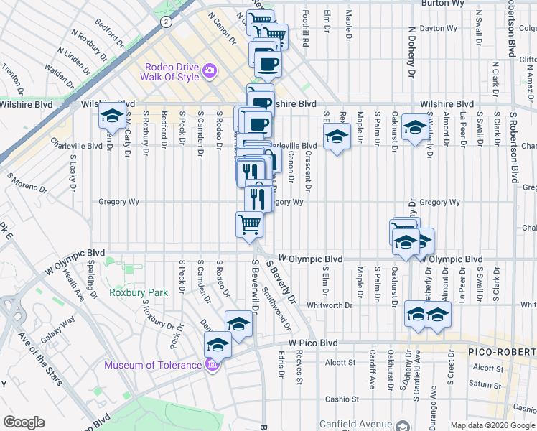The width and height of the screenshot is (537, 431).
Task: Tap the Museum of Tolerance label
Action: point(153,365)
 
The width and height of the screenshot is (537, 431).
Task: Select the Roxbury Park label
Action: point(138,292)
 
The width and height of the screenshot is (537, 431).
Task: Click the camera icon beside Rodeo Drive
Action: point(210,70)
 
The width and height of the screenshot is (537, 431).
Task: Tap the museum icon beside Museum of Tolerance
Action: point(211,365)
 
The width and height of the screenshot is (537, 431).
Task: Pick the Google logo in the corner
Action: point(24,422)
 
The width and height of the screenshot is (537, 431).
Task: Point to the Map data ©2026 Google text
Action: point(492,425)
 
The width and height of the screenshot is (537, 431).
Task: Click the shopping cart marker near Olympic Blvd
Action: point(249,223)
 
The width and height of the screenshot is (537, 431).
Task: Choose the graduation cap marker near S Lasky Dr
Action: point(111,115)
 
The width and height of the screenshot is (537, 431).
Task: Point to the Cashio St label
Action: point(341,399)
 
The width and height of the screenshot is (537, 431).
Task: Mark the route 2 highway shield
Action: point(166,22)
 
